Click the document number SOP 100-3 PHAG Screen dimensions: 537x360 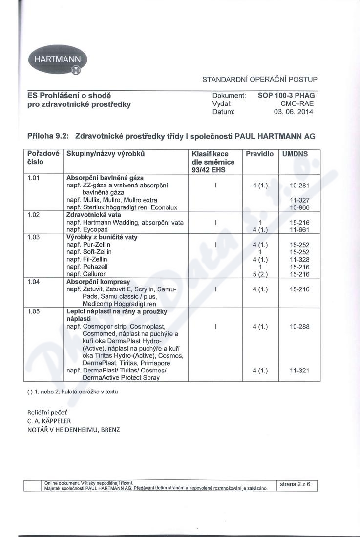(x=286, y=96)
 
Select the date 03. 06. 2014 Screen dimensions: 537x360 (x=294, y=112)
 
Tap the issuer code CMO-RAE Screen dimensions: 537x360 (x=297, y=103)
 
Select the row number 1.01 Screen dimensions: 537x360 (x=33, y=178)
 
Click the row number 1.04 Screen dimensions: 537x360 (x=33, y=282)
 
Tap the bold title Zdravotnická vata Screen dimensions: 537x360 (x=93, y=215)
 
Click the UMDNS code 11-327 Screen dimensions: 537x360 (x=299, y=200)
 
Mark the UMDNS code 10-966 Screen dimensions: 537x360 (x=299, y=207)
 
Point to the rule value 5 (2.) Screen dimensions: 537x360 (x=260, y=274)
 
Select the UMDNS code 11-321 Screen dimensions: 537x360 (x=299, y=371)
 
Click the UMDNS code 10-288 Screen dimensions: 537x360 (x=299, y=326)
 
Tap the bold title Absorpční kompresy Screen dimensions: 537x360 (x=98, y=282)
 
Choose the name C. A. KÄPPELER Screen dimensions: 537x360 (x=49, y=421)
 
